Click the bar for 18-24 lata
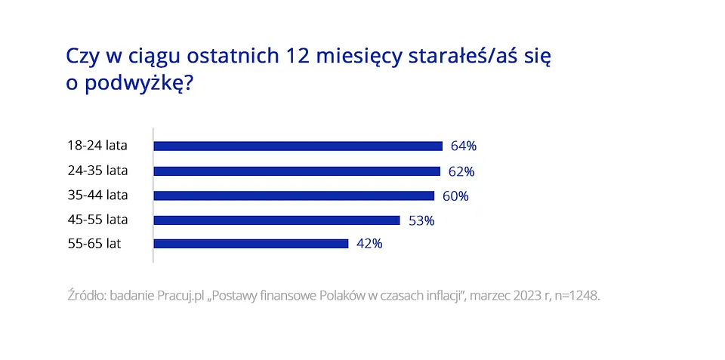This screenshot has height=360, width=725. pyautogui.click(x=298, y=146)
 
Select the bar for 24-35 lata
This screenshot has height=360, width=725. pyautogui.click(x=297, y=171)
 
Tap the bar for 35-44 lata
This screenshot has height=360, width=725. pyautogui.click(x=294, y=195)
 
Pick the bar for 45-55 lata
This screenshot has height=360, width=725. pyautogui.click(x=276, y=220)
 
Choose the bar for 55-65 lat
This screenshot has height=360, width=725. pyautogui.click(x=251, y=244)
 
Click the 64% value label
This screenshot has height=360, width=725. pyautogui.click(x=464, y=146)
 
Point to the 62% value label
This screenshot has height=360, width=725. pyautogui.click(x=461, y=171)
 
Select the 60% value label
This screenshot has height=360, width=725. pyautogui.click(x=455, y=196)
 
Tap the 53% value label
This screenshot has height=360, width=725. pyautogui.click(x=421, y=220)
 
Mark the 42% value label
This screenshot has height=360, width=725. pyautogui.click(x=369, y=244)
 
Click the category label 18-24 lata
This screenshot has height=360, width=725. pyautogui.click(x=97, y=145)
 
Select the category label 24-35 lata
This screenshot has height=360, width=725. pyautogui.click(x=97, y=170)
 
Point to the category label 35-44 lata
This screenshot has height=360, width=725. pyautogui.click(x=97, y=195)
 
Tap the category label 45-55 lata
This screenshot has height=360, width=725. pyautogui.click(x=97, y=220)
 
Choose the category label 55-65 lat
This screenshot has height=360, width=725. pyautogui.click(x=94, y=244)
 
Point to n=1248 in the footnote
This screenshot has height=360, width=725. pyautogui.click(x=575, y=296)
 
